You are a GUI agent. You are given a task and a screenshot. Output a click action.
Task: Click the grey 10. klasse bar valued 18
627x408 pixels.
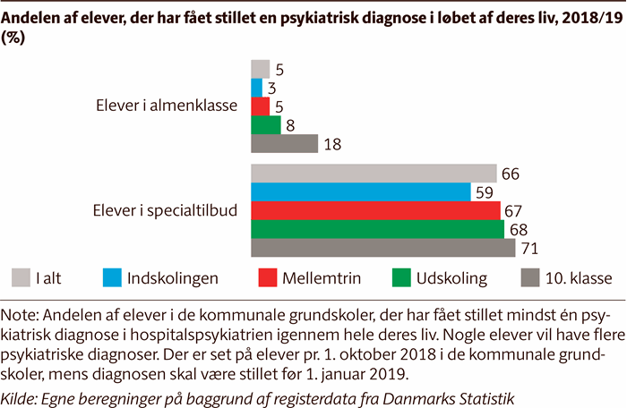pos(284,143)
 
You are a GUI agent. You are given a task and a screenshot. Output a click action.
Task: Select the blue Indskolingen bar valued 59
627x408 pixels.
pos(361,191)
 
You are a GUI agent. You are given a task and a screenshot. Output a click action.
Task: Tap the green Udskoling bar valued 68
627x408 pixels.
pos(377,229)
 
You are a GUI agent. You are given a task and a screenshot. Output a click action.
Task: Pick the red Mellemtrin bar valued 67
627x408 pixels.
pos(375,210)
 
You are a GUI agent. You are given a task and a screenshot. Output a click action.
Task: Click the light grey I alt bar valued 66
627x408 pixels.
pos(374,173)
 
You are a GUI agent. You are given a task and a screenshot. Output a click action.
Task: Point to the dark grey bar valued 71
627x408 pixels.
pos(382,248)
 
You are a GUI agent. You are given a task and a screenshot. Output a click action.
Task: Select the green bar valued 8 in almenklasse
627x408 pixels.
pos(265,124)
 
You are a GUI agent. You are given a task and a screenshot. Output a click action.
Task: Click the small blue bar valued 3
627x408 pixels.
pos(256,87)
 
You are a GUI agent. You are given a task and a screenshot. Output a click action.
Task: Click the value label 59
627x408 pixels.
pos(484,192)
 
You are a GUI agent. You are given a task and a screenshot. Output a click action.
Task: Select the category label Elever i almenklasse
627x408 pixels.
pos(166,106)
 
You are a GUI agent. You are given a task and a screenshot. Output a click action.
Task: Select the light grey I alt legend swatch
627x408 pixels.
pos(21,277)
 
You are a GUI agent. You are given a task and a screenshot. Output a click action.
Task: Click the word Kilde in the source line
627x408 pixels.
pos(22,395)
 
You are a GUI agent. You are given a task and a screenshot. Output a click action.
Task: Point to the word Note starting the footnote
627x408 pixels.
pos(21,314)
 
